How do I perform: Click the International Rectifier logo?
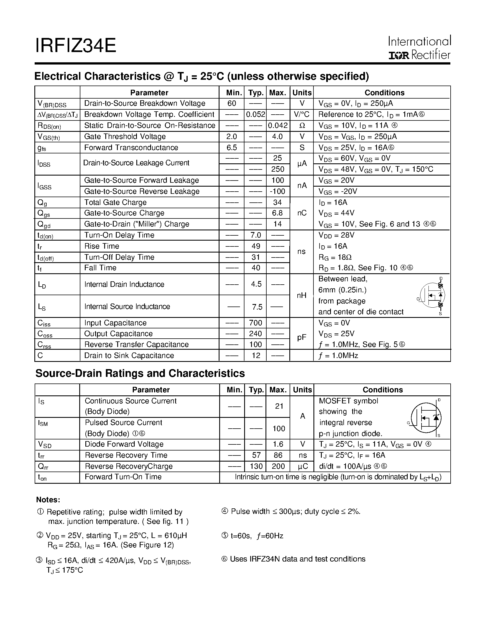pyautogui.click(x=419, y=48)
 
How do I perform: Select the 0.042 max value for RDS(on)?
pyautogui.click(x=278, y=125)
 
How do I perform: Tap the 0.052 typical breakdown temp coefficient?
pyautogui.click(x=256, y=114)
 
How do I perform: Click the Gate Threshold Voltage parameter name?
pyautogui.click(x=125, y=137)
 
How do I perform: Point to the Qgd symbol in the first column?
pyautogui.click(x=44, y=225)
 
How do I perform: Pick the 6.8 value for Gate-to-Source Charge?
pyautogui.click(x=277, y=213)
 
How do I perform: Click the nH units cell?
pyautogui.click(x=302, y=295)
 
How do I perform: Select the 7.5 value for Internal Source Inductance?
pyautogui.click(x=257, y=307)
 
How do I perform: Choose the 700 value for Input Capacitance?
pyautogui.click(x=256, y=323)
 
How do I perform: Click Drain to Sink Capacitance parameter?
pyautogui.click(x=129, y=356)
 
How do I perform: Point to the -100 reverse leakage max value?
pyautogui.click(x=277, y=191)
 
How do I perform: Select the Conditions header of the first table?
pyautogui.click(x=384, y=93)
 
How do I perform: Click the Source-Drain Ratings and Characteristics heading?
pyautogui.click(x=140, y=374)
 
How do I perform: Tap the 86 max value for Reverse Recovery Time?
pyautogui.click(x=278, y=455)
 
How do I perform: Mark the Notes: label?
pyautogui.click(x=48, y=500)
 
